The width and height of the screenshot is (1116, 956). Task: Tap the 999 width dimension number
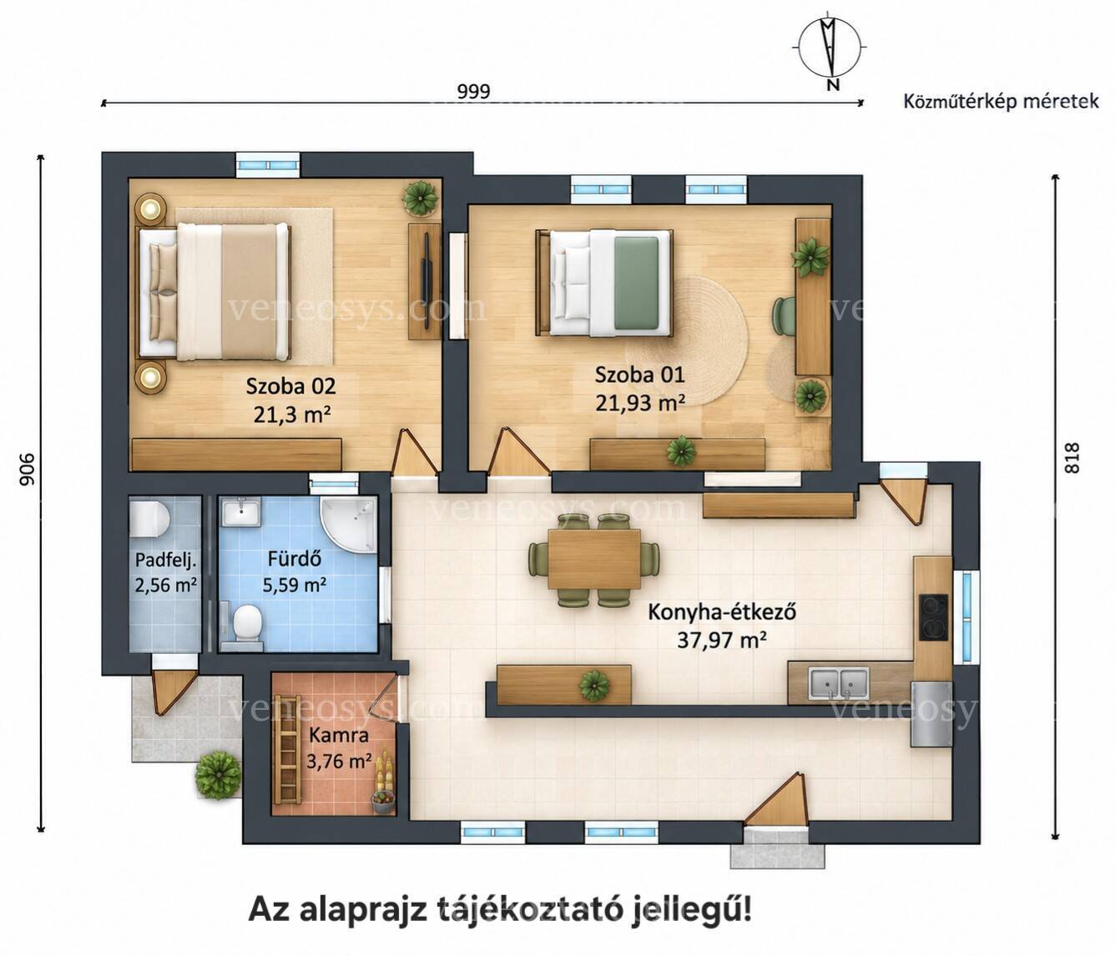tap(473, 92)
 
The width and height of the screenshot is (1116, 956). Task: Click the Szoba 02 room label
tap(291, 386)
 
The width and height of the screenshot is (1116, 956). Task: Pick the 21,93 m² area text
tap(640, 403)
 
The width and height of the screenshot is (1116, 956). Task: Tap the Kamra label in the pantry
tap(339, 735)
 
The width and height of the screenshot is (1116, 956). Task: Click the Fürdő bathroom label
tap(295, 559)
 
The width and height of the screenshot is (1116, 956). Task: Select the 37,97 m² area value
tap(722, 641)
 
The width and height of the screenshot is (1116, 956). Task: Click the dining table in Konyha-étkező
tap(594, 559)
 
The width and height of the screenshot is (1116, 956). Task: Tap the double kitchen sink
tap(839, 682)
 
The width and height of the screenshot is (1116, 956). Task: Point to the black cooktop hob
tap(933, 616)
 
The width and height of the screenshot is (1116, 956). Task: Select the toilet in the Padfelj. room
tap(149, 519)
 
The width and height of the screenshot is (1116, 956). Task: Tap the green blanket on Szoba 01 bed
tap(637, 282)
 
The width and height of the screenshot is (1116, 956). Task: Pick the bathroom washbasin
tap(240, 511)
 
